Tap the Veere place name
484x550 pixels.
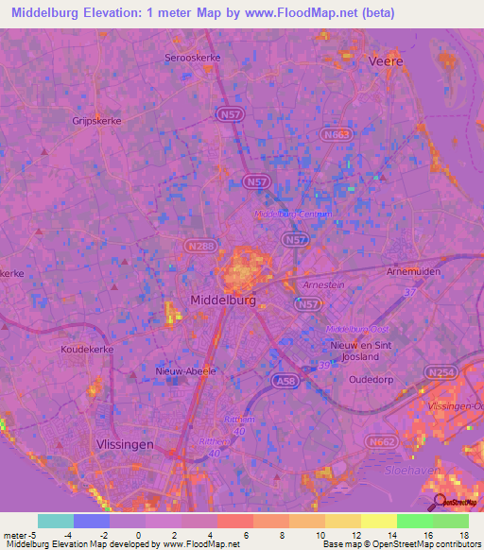[389, 60]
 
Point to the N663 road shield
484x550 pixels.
[335, 135]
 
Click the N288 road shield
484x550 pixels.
[198, 247]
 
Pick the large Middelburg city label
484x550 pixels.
[223, 300]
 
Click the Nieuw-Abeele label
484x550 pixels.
[184, 370]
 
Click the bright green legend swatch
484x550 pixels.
[414, 521]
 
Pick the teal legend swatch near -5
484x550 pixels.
[55, 521]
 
